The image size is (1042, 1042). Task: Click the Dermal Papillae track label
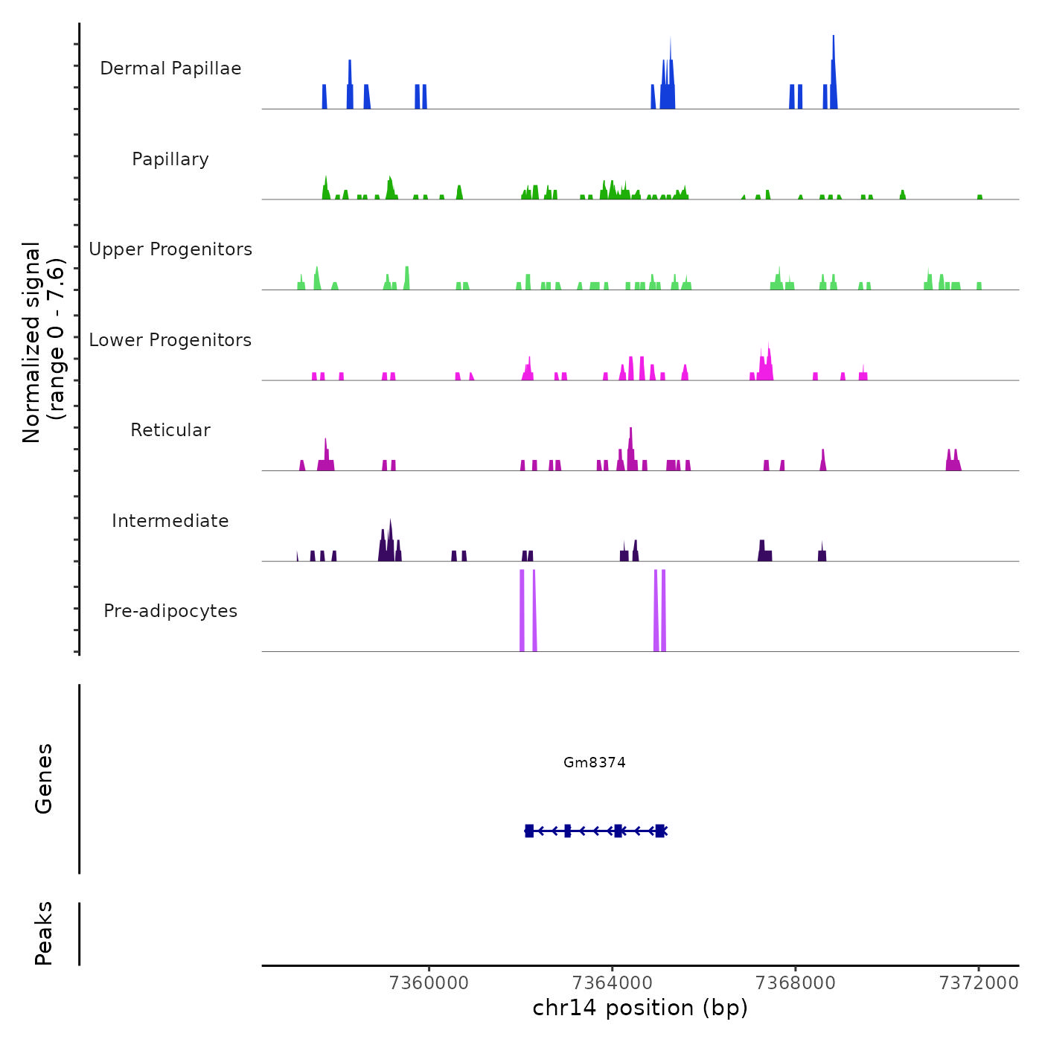pyautogui.click(x=170, y=68)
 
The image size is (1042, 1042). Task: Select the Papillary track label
pyautogui.click(x=170, y=159)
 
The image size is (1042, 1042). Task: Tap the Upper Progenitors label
pyautogui.click(x=170, y=249)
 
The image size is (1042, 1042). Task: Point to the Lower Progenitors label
pyautogui.click(x=170, y=340)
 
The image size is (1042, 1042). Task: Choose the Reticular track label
pyautogui.click(x=170, y=430)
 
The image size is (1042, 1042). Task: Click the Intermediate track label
pyautogui.click(x=170, y=521)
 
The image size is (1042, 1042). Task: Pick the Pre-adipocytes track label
pyautogui.click(x=170, y=611)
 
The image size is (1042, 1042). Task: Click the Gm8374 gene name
pyautogui.click(x=594, y=762)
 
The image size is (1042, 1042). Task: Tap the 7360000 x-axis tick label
pyautogui.click(x=429, y=983)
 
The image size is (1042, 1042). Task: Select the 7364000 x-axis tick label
pyautogui.click(x=613, y=983)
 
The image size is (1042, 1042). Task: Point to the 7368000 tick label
pyautogui.click(x=795, y=983)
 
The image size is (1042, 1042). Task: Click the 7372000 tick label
pyautogui.click(x=979, y=983)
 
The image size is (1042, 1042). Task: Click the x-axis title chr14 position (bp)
pyautogui.click(x=640, y=1008)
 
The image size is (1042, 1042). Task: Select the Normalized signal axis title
pyautogui.click(x=43, y=342)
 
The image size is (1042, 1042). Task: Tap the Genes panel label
pyautogui.click(x=44, y=779)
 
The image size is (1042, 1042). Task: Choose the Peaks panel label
pyautogui.click(x=44, y=933)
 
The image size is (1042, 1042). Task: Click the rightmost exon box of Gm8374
pyautogui.click(x=659, y=831)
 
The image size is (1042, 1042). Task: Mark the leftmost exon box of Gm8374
pyautogui.click(x=529, y=831)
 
